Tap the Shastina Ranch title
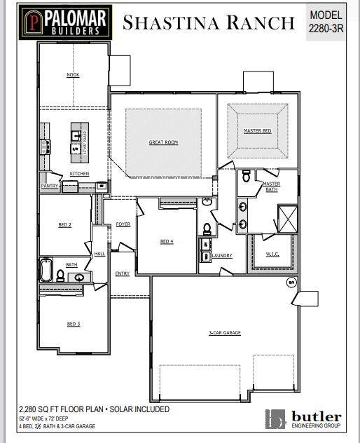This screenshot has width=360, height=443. pyautogui.click(x=209, y=22)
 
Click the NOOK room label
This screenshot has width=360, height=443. pyautogui.click(x=73, y=75)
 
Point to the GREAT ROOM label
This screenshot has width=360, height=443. pyautogui.click(x=163, y=142)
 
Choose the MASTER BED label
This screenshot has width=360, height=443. pyautogui.click(x=257, y=131)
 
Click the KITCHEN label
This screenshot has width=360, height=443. pyautogui.click(x=79, y=173)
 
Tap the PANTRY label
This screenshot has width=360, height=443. pyautogui.click(x=50, y=186)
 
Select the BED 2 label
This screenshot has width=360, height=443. pyautogui.click(x=64, y=224)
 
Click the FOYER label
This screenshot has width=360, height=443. pyautogui.click(x=123, y=224)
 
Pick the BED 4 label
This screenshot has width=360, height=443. pyautogui.click(x=166, y=242)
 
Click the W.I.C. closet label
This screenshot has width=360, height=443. pyautogui.click(x=273, y=254)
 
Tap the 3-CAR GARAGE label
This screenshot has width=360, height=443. pyautogui.click(x=226, y=332)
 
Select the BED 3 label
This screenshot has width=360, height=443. pyautogui.click(x=74, y=324)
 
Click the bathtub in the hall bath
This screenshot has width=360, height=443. pyautogui.click(x=47, y=270)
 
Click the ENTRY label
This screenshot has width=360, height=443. pyautogui.click(x=123, y=273)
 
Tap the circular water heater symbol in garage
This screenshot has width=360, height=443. pyautogui.click(x=292, y=282)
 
